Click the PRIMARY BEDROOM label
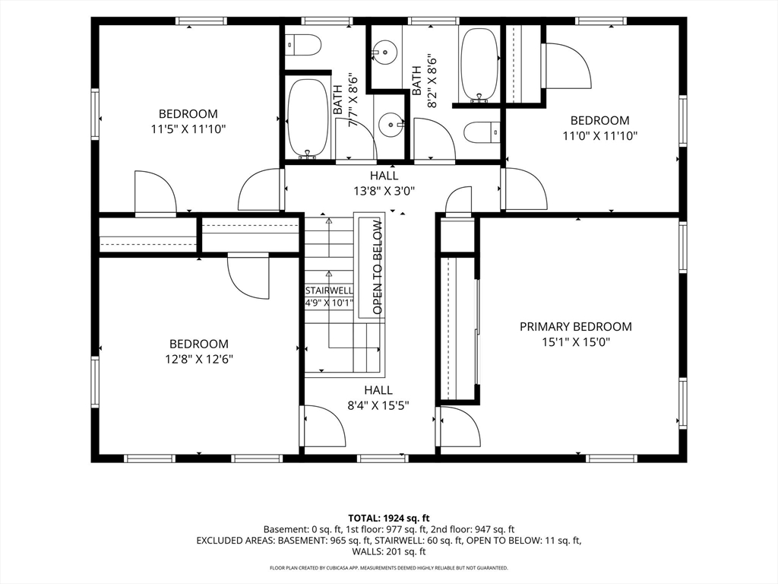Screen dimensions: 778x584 click(x=576, y=327)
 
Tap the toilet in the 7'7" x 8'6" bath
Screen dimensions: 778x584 click(x=303, y=45)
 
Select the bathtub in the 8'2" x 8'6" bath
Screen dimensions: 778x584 click(x=479, y=64)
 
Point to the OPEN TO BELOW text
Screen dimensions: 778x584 click(x=378, y=267)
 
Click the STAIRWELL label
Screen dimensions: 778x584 click(x=329, y=290)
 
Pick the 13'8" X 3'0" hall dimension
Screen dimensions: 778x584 click(x=384, y=191)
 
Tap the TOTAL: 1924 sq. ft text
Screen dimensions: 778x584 click(x=388, y=519)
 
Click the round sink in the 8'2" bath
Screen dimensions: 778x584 click(x=384, y=52)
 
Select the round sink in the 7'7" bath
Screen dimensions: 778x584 click(x=391, y=124)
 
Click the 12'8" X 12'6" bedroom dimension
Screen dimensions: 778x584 click(x=199, y=359)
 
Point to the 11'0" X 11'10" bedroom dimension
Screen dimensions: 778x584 click(x=600, y=135)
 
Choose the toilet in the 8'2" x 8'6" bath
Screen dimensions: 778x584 click(x=482, y=132)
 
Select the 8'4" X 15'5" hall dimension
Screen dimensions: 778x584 click(x=378, y=406)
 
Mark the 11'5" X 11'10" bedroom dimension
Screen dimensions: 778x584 click(x=188, y=129)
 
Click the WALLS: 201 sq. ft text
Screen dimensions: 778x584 click(x=388, y=551)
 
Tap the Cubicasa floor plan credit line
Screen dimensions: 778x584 click(x=388, y=567)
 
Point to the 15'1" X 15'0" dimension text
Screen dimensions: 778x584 click(x=576, y=342)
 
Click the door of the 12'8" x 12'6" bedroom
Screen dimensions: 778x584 click(x=248, y=276)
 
